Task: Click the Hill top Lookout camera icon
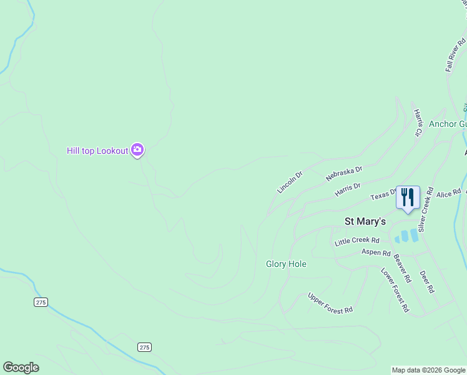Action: point(138,151)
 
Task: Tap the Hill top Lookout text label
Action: point(97,151)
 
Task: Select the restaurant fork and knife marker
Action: point(408,198)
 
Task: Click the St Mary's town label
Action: point(365,221)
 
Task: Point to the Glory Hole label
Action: point(286,264)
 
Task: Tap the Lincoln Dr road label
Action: point(290,181)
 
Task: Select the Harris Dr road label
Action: point(348,190)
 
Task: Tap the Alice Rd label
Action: point(448,194)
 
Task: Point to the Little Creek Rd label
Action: point(357,241)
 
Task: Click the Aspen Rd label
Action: point(376,252)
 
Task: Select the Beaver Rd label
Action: point(403,267)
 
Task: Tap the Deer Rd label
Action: point(427,282)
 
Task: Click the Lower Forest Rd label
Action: point(395,289)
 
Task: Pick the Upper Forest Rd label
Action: point(330,301)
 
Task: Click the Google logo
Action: point(21,367)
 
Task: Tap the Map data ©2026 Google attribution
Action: point(428,370)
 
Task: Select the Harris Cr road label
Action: point(417,122)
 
